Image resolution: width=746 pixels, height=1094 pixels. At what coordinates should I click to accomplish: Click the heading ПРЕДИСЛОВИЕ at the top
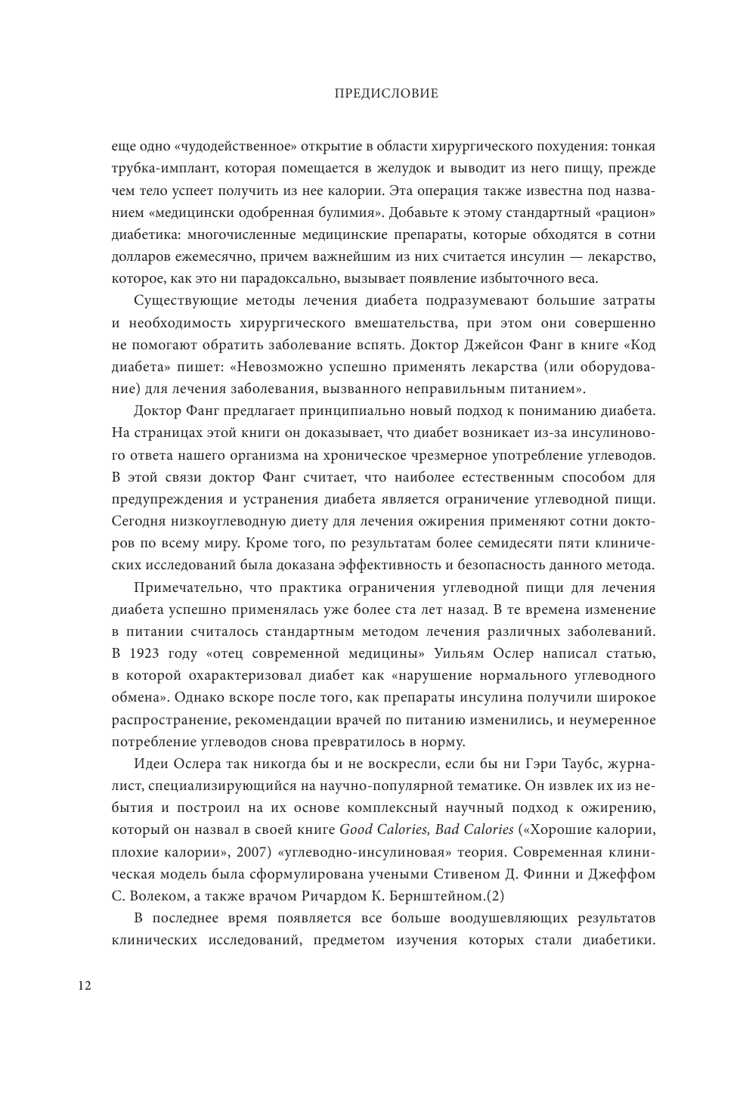point(375,95)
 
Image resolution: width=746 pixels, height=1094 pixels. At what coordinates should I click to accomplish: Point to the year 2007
point(249,852)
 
